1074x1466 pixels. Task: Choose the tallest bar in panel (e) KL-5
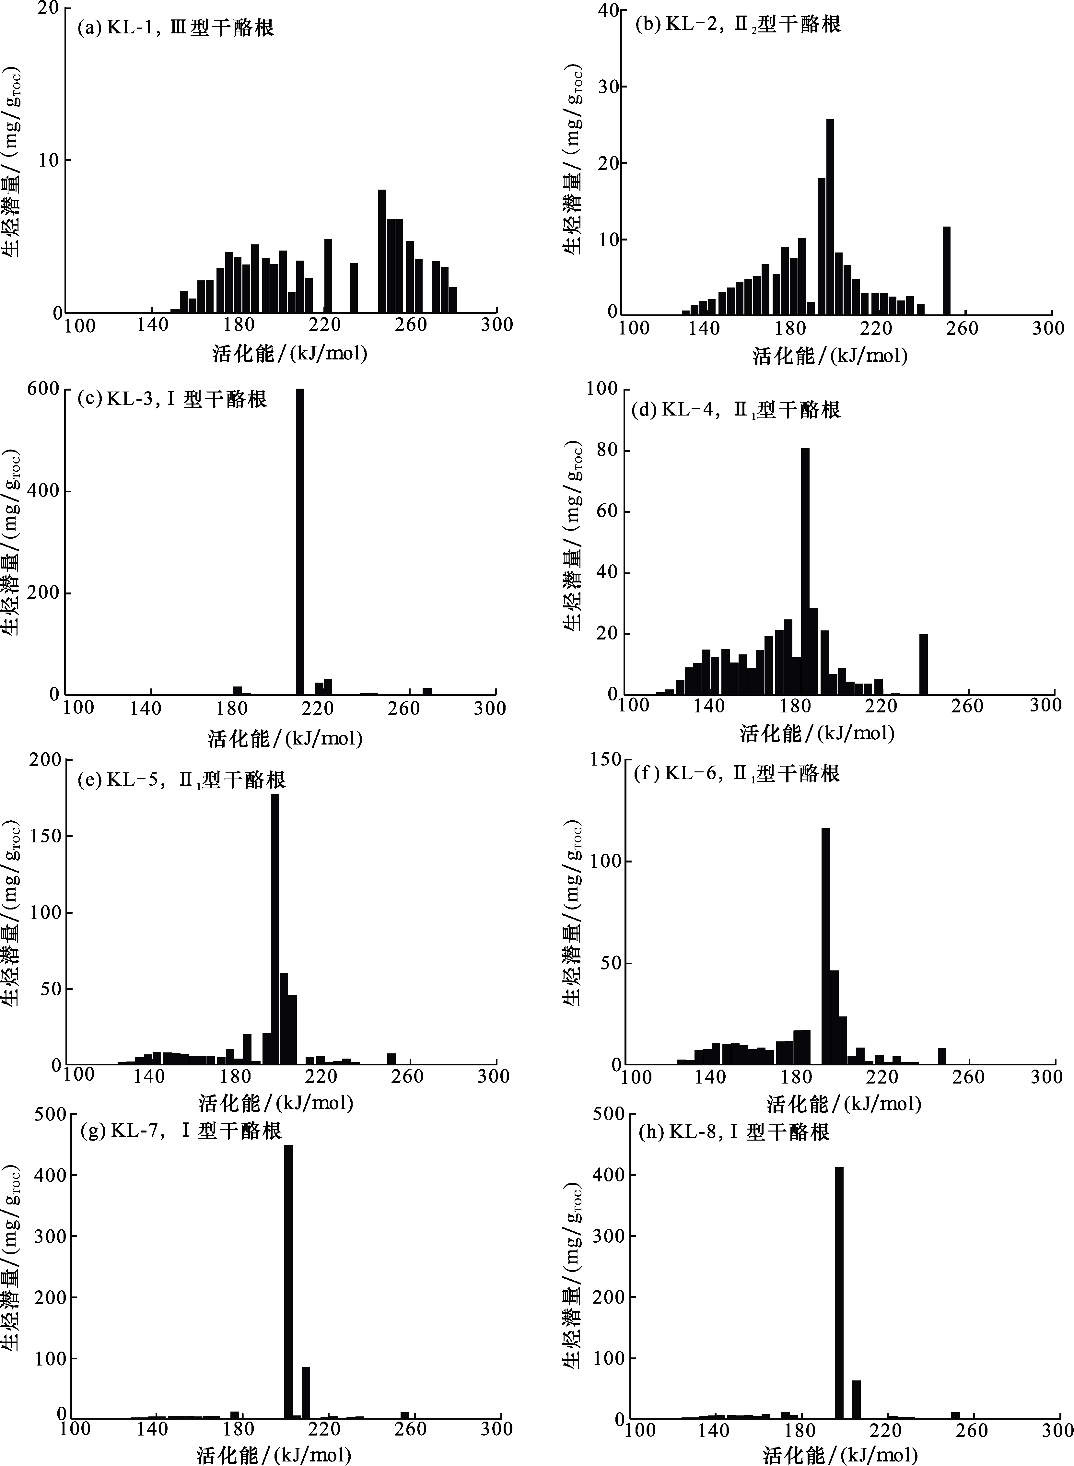coord(275,930)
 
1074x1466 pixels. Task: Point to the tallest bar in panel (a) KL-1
coord(382,250)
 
